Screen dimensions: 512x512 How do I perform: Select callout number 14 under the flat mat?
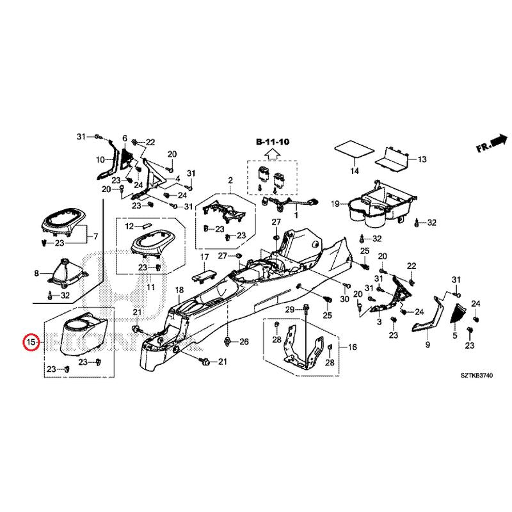(354, 171)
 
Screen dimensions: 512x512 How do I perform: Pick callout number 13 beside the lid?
(422, 159)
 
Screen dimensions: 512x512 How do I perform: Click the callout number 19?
(335, 204)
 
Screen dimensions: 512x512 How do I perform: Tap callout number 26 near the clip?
(243, 342)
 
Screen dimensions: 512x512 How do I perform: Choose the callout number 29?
(289, 310)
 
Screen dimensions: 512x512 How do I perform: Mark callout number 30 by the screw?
(344, 300)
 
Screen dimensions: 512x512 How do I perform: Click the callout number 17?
(204, 257)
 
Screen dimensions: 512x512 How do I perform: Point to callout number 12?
(129, 227)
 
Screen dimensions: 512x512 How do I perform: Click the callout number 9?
(428, 345)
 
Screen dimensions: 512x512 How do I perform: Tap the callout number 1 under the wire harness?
(296, 216)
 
